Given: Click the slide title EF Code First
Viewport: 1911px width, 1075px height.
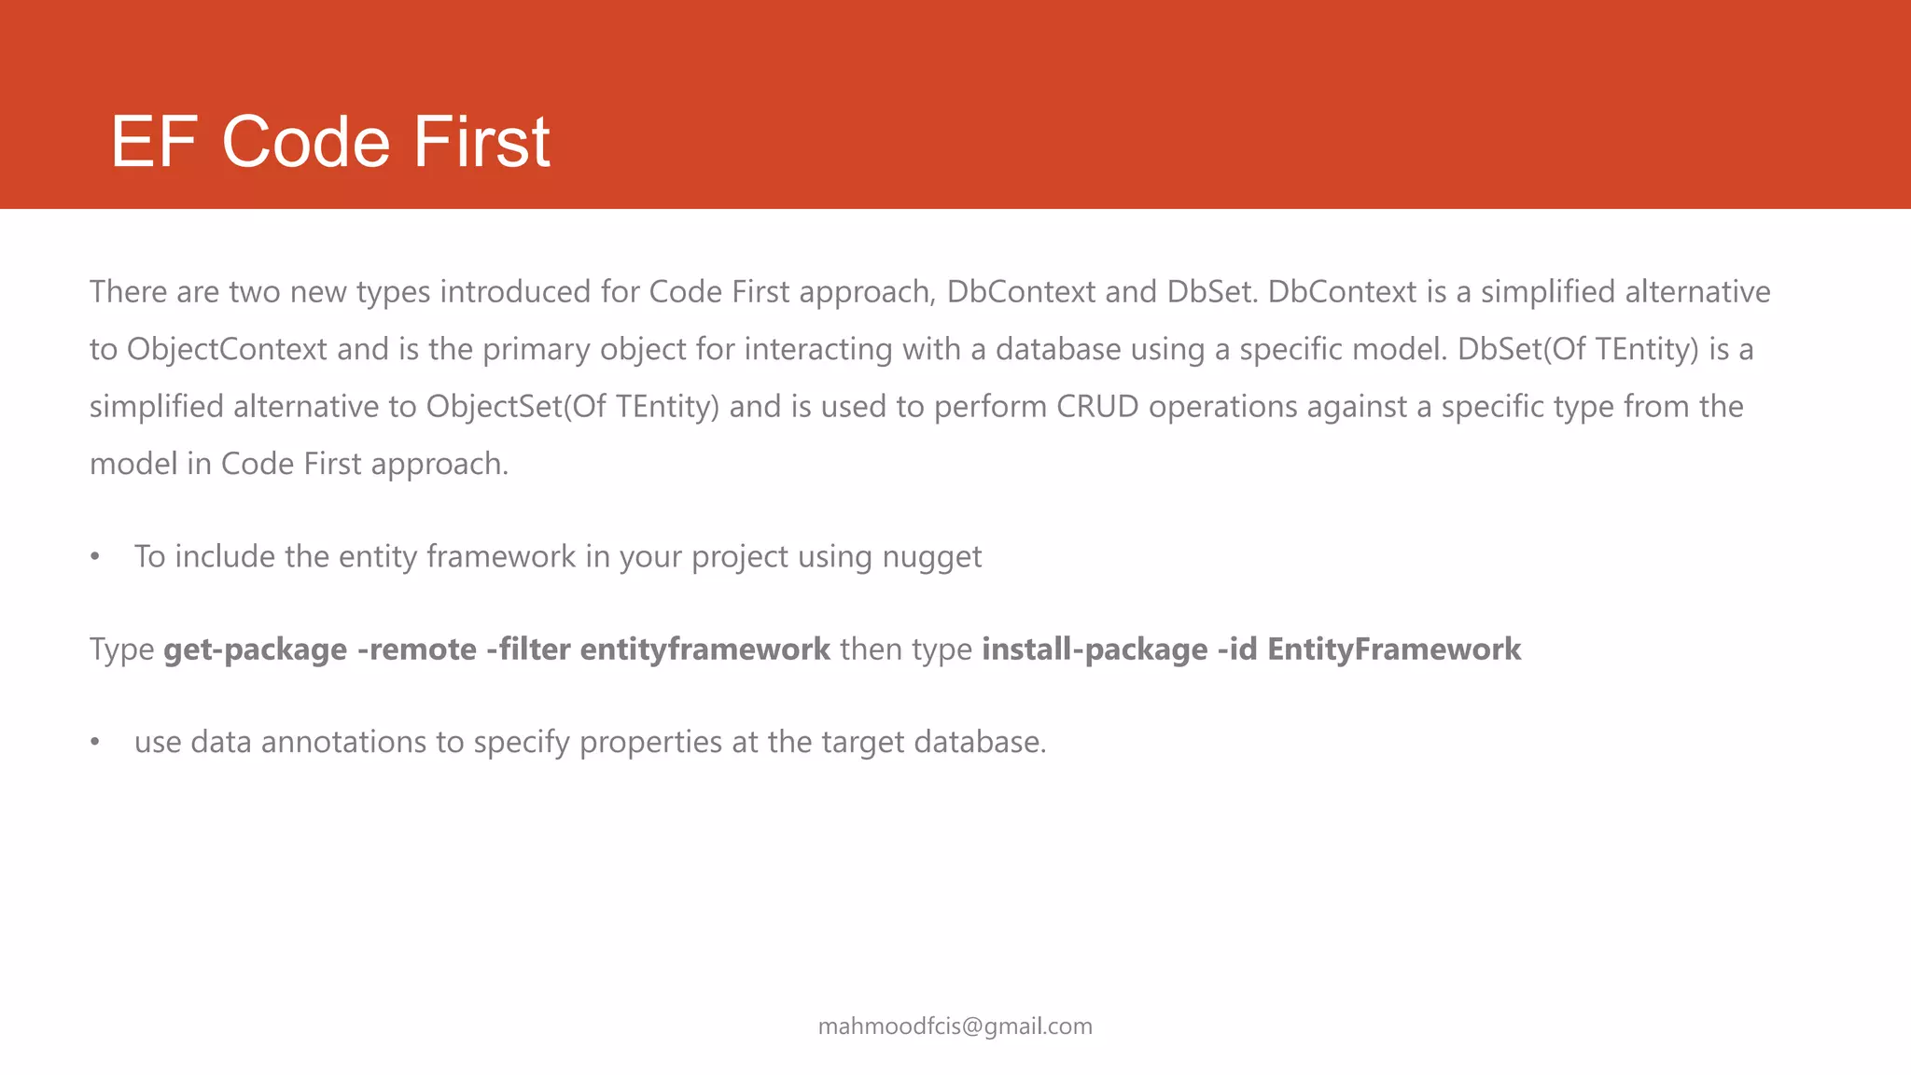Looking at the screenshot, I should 330,142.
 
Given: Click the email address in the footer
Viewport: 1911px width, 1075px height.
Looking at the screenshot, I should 955,1026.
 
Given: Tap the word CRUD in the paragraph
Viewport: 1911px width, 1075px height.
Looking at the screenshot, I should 1097,407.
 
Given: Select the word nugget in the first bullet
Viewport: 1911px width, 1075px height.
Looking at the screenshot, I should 931,557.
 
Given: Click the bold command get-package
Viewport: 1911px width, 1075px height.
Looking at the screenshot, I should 255,649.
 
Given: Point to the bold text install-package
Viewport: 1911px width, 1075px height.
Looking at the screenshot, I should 1095,649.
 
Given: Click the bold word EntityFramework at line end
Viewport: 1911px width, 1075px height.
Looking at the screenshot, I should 1394,649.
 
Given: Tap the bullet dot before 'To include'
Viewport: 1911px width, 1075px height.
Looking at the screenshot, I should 94,557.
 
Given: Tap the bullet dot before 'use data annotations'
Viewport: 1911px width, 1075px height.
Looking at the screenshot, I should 94,743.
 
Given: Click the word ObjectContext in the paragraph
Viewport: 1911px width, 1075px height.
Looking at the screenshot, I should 227,350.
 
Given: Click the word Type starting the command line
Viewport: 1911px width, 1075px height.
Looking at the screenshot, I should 121,649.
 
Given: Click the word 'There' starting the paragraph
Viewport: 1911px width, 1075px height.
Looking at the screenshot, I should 128,292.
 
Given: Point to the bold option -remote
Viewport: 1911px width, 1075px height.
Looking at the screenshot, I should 416,649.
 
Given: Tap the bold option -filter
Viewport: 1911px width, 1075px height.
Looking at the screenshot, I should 528,649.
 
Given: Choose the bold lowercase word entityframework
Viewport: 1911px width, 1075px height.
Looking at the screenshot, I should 704,649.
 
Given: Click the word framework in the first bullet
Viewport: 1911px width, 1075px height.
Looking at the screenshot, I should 500,557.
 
